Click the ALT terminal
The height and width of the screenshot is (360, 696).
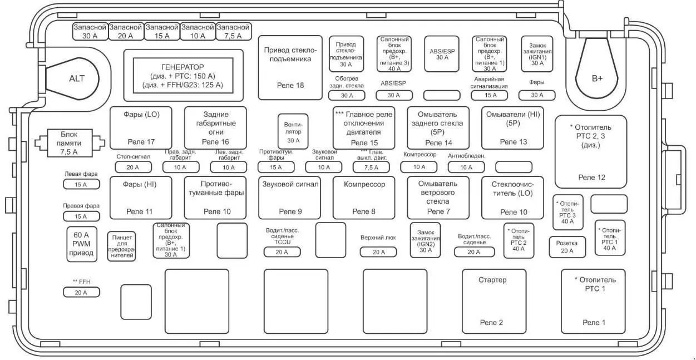(x=76, y=78)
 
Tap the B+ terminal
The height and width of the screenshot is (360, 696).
(x=597, y=78)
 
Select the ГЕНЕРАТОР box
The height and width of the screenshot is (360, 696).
(x=183, y=76)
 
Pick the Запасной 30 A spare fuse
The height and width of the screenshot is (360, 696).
(x=90, y=31)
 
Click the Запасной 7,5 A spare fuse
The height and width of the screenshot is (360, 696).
(x=233, y=31)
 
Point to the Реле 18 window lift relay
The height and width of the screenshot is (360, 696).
(x=290, y=67)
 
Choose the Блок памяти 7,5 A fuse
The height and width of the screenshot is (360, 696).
(x=69, y=143)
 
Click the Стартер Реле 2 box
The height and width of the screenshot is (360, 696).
(x=492, y=300)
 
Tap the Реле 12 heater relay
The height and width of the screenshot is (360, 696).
(x=591, y=151)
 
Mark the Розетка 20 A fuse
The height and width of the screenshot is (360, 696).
(x=567, y=247)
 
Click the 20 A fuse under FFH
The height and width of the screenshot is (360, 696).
(x=81, y=292)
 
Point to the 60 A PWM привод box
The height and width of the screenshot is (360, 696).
(x=81, y=244)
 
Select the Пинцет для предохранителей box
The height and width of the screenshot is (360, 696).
(x=122, y=245)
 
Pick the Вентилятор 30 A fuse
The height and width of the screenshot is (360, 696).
(x=293, y=131)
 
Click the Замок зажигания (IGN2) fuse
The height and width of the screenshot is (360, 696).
(x=426, y=240)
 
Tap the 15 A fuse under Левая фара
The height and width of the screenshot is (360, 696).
(x=81, y=184)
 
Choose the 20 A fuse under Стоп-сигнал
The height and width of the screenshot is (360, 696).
(x=133, y=166)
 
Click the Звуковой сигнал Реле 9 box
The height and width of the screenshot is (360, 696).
(x=290, y=198)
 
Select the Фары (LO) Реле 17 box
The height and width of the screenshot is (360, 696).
(x=141, y=127)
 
